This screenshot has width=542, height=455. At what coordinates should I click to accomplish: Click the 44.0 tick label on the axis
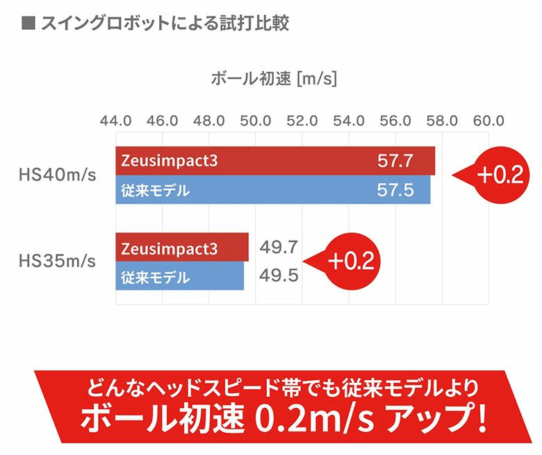coord(116,120)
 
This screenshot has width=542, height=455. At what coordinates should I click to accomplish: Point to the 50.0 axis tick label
coord(256,120)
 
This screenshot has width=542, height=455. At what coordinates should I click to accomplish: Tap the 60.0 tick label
coord(488,120)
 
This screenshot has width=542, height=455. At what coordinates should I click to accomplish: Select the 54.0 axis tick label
coord(349,120)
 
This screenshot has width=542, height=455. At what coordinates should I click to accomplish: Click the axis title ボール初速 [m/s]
coord(273,78)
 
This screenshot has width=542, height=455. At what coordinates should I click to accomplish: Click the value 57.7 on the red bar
coord(395,161)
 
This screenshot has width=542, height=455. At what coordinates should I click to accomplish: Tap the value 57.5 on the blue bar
coord(395,190)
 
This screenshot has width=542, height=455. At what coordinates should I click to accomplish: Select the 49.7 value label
coord(279,247)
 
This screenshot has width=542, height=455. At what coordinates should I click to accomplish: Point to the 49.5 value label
coord(279,276)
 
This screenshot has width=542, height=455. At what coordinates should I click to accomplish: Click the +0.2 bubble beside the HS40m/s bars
coord(498,175)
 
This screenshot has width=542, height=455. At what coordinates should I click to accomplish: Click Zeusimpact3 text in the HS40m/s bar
coord(169,161)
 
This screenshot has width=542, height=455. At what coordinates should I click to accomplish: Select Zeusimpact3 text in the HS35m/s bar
coord(169,248)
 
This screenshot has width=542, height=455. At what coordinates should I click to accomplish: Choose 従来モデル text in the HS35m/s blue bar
coord(156,277)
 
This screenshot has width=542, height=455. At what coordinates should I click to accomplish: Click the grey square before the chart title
coord(28,23)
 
